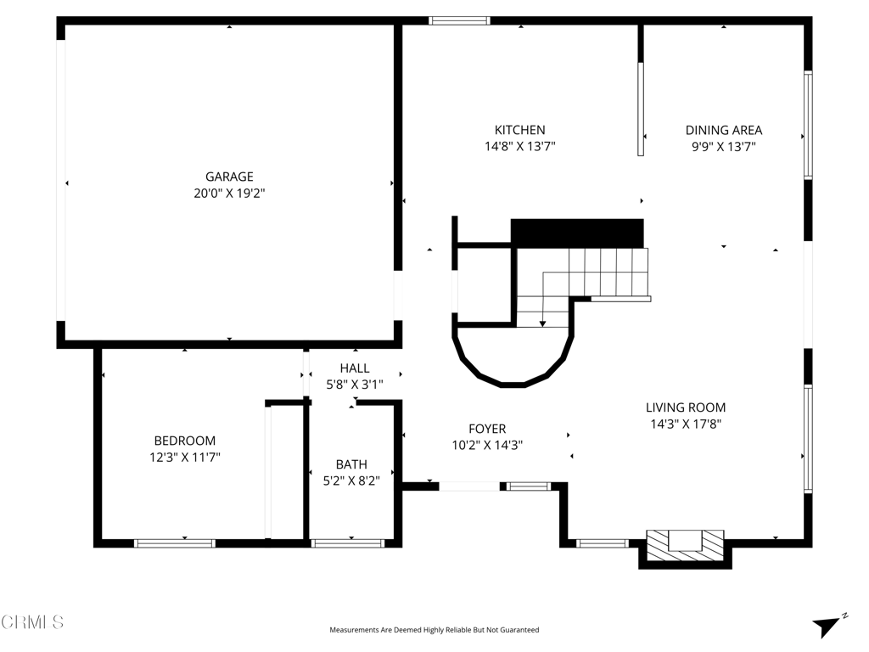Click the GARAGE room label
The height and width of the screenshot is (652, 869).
(x=229, y=177)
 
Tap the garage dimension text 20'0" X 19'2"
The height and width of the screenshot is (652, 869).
(x=229, y=194)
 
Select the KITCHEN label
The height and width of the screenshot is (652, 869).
(x=520, y=130)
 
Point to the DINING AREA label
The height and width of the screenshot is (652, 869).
(x=724, y=130)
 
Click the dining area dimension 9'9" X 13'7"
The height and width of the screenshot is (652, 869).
(x=724, y=147)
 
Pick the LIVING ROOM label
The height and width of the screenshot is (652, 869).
(x=686, y=407)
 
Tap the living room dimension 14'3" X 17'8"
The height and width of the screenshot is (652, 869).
(x=686, y=424)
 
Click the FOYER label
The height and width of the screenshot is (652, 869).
(x=487, y=429)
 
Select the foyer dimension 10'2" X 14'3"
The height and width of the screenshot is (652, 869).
(x=487, y=445)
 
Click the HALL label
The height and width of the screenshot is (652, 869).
(x=355, y=368)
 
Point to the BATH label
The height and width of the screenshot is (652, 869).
(x=351, y=464)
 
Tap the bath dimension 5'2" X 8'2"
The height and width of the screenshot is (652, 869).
(x=351, y=481)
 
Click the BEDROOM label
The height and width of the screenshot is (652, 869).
(x=184, y=441)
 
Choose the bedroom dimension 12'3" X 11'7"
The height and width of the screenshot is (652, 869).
(x=184, y=458)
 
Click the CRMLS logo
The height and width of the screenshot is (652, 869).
(x=32, y=622)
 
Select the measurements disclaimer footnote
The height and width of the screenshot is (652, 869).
(x=434, y=630)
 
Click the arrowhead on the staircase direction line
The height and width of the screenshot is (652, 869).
(x=542, y=323)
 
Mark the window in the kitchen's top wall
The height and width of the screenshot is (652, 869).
(x=459, y=21)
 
